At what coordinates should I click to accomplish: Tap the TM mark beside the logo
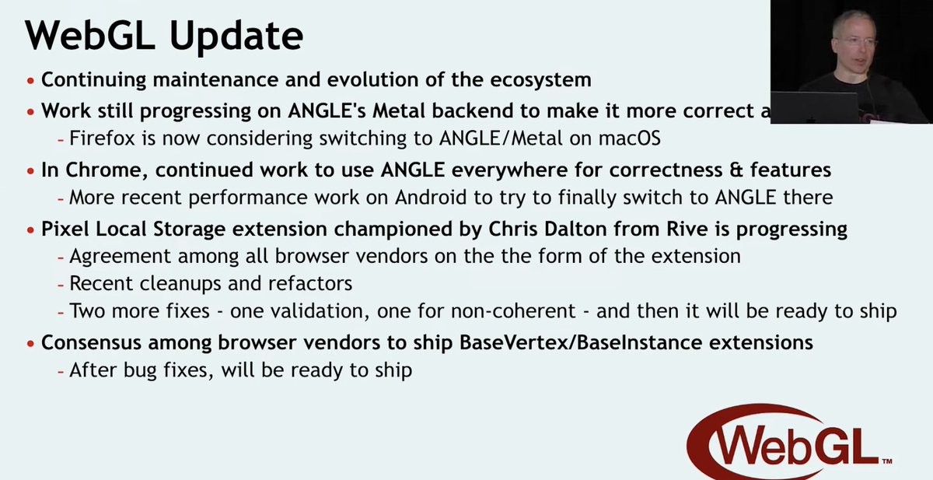(x=886, y=462)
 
